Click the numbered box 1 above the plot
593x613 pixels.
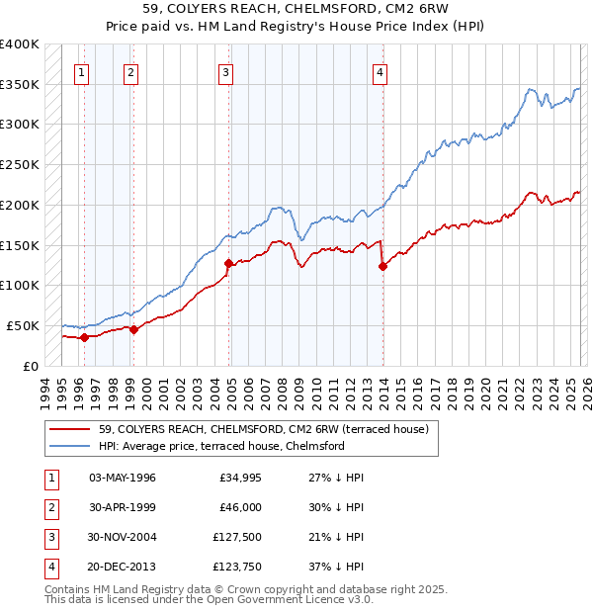81,71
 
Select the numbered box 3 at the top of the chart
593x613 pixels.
226,71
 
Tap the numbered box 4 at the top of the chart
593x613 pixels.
380,71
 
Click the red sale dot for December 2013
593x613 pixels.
382,266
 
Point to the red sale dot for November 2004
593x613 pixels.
229,263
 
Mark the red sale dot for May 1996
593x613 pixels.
84,337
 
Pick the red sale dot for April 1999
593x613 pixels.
134,329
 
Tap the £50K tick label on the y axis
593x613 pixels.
23,325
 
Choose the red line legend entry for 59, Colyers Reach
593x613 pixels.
263,430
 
